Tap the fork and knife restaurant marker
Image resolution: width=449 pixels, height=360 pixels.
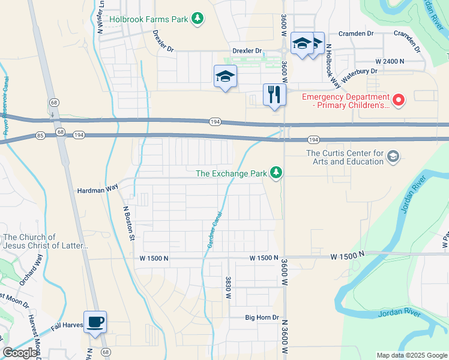(x=274, y=94)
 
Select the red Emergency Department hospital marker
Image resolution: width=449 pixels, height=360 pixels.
(x=398, y=98)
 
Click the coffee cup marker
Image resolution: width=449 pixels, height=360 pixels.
(x=95, y=322)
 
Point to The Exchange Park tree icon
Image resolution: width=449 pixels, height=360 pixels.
(x=276, y=173)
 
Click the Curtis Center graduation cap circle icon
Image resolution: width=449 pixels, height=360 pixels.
(x=393, y=157)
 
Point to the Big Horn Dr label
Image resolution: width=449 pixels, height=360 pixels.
(x=262, y=317)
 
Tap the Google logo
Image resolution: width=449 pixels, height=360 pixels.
(x=20, y=353)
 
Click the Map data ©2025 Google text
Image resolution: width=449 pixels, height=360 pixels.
(x=411, y=355)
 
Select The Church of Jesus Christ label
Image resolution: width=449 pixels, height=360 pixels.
(x=46, y=241)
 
